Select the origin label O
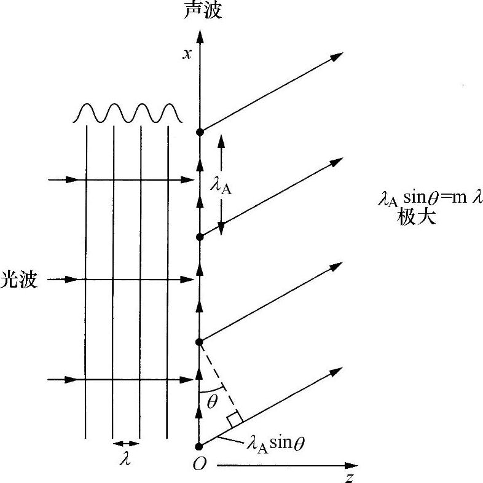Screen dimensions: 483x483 coord(198,465)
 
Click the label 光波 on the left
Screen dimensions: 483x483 coord(20,280)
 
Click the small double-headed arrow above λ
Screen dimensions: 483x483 coord(126,443)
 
